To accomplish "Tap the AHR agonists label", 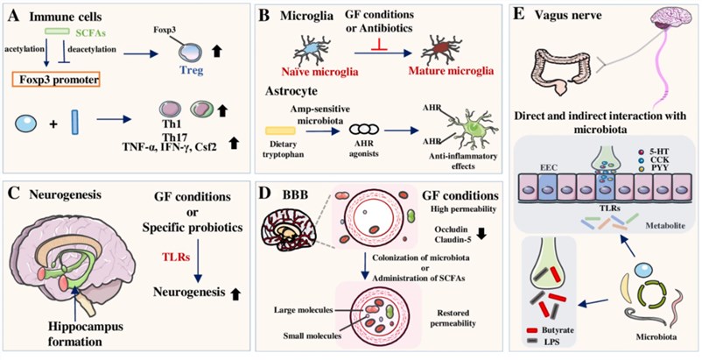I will click(x=394, y=151).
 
